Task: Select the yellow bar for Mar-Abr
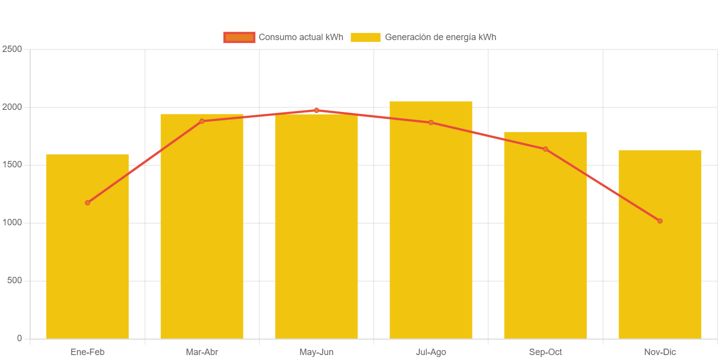pos(202,238)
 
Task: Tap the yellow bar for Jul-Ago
pos(431,228)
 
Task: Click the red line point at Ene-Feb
pos(87,203)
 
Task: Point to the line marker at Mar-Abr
pos(202,121)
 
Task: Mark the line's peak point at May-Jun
pos(316,110)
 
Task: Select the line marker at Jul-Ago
pos(431,122)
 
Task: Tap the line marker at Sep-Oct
pos(545,149)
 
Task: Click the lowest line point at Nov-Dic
pos(660,221)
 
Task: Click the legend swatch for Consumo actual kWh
pos(239,37)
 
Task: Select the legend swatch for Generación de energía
pos(365,37)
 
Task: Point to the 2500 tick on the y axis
pos(12,49)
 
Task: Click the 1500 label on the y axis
pos(12,164)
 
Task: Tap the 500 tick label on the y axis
pos(15,280)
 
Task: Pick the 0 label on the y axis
pos(19,338)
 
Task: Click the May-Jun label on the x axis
pos(316,352)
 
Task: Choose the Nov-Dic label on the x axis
pos(660,352)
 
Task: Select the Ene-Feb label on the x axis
pos(87,352)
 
